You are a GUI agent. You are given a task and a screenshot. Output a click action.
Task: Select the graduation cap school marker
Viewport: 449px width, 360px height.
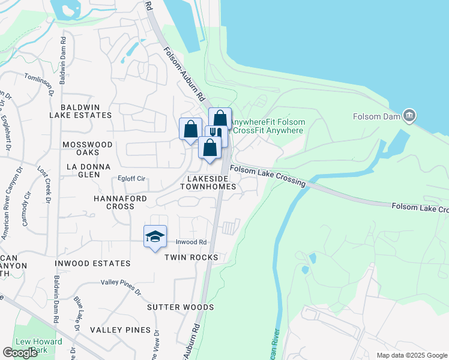[155, 236]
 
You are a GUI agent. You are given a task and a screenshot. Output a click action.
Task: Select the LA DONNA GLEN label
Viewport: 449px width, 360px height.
[88, 170]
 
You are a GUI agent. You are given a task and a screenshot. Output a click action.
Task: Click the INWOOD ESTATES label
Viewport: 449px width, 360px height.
[92, 263]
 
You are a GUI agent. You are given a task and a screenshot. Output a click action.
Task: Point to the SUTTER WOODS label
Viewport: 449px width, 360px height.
[181, 307]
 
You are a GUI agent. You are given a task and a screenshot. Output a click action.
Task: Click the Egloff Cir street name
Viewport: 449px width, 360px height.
[131, 179]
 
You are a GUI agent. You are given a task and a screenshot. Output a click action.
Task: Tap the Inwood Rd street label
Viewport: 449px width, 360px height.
[191, 242]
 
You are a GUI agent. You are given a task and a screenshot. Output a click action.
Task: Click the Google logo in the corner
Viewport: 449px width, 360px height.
[20, 353]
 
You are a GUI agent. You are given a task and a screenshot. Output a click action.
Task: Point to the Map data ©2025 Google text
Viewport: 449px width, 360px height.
[411, 355]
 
